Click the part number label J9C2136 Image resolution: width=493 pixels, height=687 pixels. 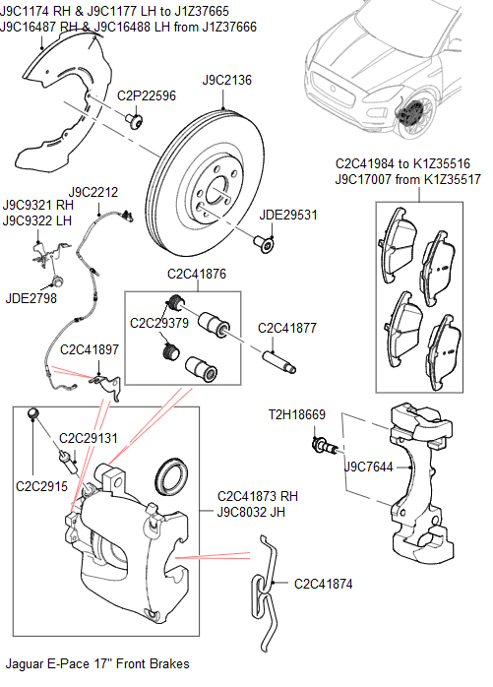click(x=227, y=79)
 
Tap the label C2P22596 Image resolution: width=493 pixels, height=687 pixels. click(x=147, y=96)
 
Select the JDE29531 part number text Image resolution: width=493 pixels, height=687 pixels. click(x=287, y=215)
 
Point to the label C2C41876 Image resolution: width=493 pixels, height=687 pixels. click(x=197, y=276)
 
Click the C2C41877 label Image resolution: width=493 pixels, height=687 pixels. click(x=287, y=328)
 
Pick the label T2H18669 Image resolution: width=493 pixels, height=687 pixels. click(x=296, y=415)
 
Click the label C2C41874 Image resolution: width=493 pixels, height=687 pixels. click(x=323, y=584)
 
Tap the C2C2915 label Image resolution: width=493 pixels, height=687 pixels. click(x=40, y=486)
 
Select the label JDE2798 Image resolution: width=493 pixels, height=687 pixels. click(x=31, y=298)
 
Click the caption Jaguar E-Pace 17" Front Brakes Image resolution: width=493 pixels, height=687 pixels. click(x=97, y=664)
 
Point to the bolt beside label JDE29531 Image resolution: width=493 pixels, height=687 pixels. click(x=264, y=240)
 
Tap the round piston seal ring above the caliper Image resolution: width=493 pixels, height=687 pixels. click(x=175, y=477)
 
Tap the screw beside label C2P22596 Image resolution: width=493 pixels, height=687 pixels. click(x=135, y=120)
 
